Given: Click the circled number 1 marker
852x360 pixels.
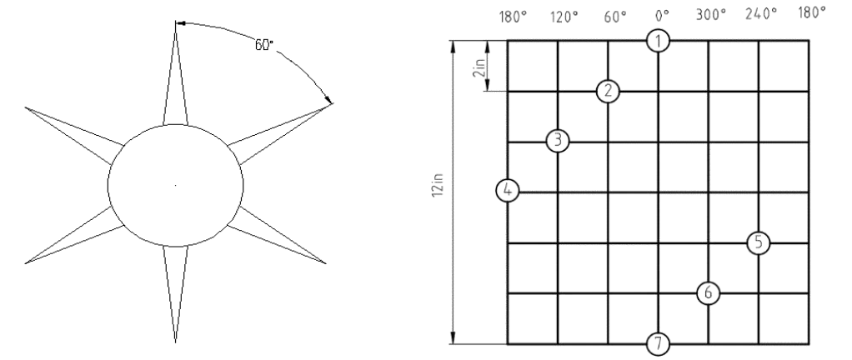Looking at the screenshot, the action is click(x=658, y=41).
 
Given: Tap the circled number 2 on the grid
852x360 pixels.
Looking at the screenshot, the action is click(x=608, y=91).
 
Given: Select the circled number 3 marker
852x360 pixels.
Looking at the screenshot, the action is click(x=558, y=141).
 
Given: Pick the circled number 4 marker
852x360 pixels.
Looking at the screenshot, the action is click(x=508, y=191).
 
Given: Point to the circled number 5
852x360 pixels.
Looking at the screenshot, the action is click(x=759, y=242).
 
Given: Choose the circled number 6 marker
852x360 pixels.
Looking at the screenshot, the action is click(x=708, y=293).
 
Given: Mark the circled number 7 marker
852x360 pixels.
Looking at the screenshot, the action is click(x=658, y=343).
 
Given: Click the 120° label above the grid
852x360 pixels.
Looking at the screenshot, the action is click(x=564, y=17).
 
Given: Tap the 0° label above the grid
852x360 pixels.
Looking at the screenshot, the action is click(x=661, y=16).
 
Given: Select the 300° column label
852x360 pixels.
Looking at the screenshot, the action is click(x=711, y=15).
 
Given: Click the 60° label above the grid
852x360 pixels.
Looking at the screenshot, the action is click(x=615, y=17).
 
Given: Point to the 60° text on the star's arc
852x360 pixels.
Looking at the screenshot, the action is click(x=264, y=45).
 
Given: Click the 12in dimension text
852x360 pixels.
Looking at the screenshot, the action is click(x=439, y=185).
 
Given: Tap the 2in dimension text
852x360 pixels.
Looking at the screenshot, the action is click(x=479, y=65).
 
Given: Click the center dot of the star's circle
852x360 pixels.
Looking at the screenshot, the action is click(x=175, y=185).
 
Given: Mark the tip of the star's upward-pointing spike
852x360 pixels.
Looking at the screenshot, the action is click(x=176, y=21).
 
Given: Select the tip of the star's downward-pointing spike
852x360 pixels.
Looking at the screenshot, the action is click(x=176, y=342).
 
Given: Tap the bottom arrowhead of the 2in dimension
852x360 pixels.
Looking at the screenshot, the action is click(x=488, y=85).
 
